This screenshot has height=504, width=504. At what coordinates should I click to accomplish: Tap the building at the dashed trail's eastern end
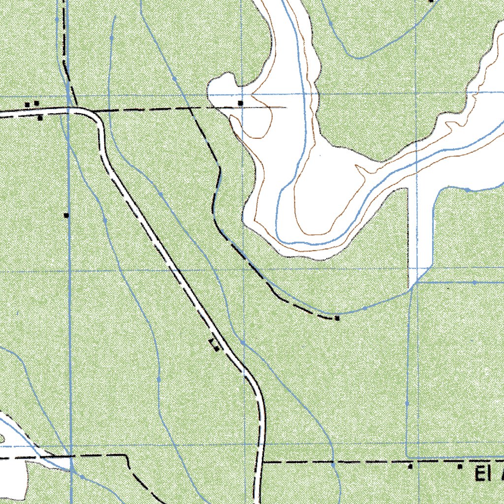pyautogui.click(x=337, y=318)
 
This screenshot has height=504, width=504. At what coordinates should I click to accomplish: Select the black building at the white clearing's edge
pyautogui.click(x=240, y=102)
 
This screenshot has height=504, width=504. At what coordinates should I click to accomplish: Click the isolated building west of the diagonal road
pyautogui.click(x=66, y=215)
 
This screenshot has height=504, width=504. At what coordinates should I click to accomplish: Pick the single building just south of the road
pyautogui.click(x=40, y=118)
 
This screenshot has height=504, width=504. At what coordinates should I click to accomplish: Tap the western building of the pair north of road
pyautogui.click(x=28, y=104)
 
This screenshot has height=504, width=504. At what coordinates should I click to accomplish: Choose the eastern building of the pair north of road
pyautogui.click(x=36, y=103)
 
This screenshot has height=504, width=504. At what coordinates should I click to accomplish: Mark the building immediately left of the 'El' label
pyautogui.click(x=460, y=466)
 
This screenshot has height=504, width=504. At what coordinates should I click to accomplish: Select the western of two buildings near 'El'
pyautogui.click(x=410, y=466)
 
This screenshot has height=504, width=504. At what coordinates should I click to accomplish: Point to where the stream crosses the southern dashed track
pyautogui.click(x=333, y=463)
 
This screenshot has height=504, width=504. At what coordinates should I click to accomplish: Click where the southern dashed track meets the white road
pyautogui.click(x=261, y=463)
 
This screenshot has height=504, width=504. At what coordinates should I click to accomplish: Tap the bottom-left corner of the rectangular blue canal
pyautogui.click(x=407, y=456)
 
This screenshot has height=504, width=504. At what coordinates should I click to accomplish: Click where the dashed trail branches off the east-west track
pyautogui.click(x=190, y=108)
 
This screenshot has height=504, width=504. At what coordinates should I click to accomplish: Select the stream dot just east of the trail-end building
pyautogui.click(x=365, y=308)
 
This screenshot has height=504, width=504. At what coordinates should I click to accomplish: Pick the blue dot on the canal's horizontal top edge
pyautogui.click(x=474, y=283)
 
